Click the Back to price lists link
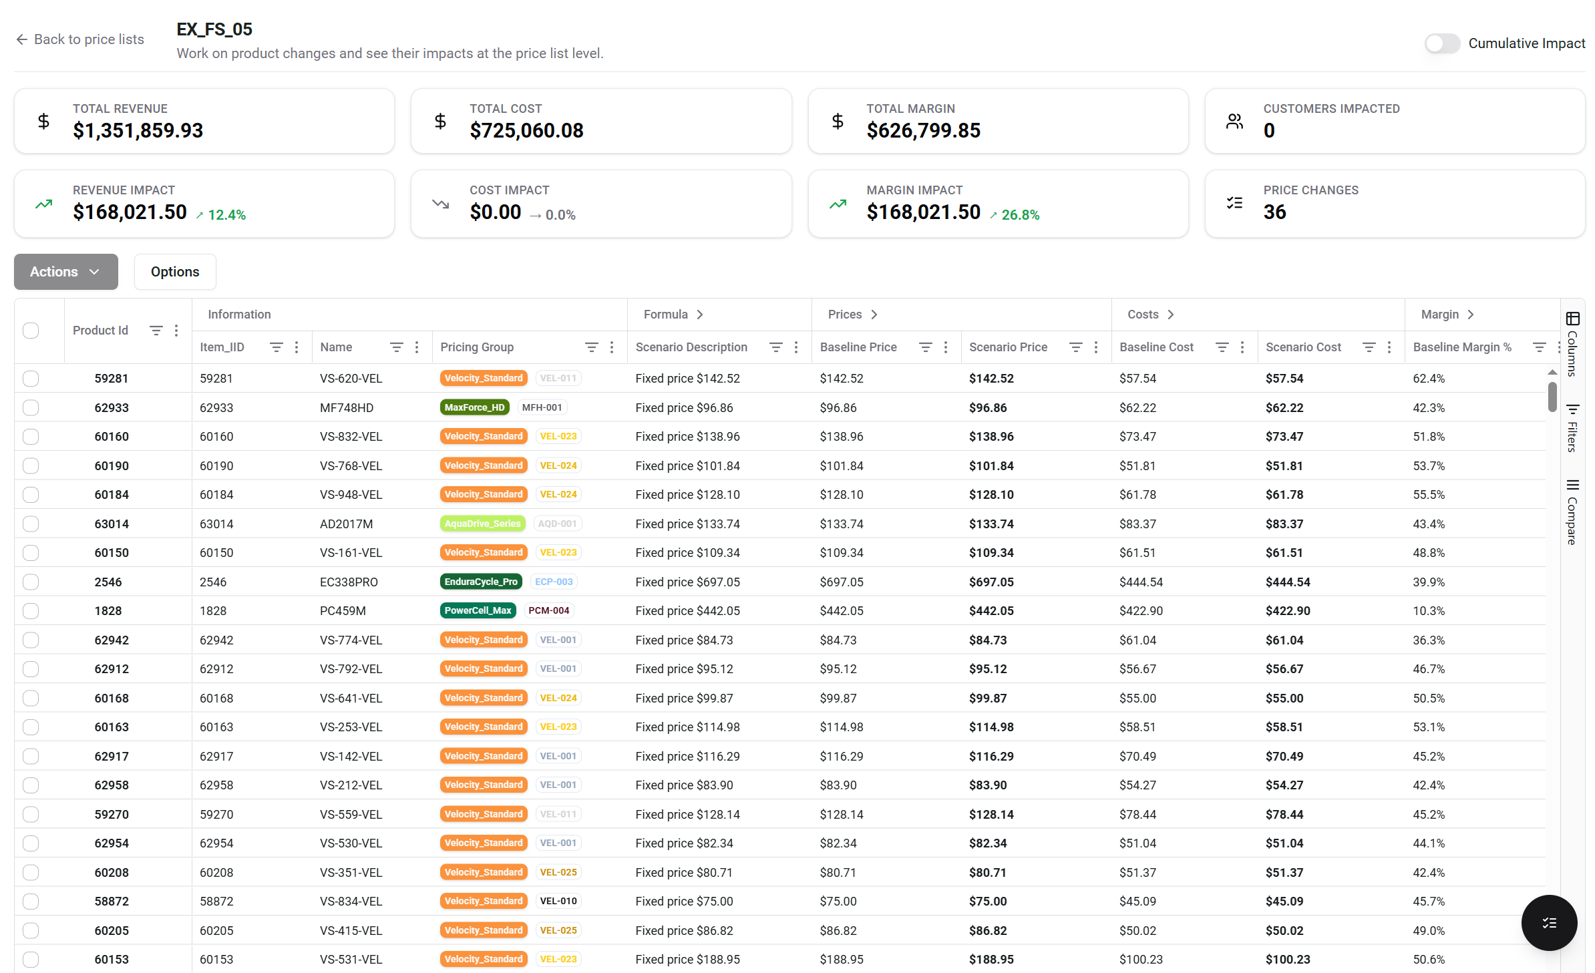pos(80,39)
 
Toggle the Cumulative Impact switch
pos(1441,43)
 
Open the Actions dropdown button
pos(65,272)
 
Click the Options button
pos(175,272)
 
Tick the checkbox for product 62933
pos(31,407)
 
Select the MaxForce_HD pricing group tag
pos(474,407)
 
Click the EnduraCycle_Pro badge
pos(481,582)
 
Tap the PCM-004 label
pos(548,610)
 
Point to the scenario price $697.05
pos(991,582)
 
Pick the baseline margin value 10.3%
pos(1429,610)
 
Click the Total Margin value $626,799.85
pos(923,130)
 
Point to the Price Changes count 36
pos(1274,212)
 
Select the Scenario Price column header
pos(1008,347)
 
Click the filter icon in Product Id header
pos(156,331)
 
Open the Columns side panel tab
pos(1572,344)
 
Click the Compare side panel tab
pos(1572,512)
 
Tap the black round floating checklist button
pos(1549,923)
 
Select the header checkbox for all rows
pos(31,331)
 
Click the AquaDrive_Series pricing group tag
pos(482,524)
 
